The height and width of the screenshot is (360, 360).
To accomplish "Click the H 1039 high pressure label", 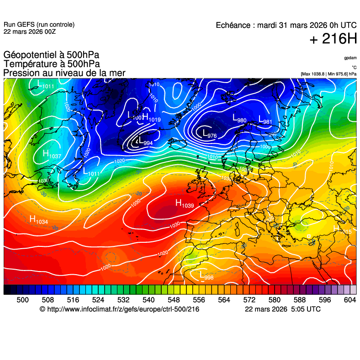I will click(x=185, y=203).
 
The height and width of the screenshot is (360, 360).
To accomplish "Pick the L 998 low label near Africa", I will click(x=206, y=275).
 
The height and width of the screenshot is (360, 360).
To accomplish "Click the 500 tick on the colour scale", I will click(x=22, y=299).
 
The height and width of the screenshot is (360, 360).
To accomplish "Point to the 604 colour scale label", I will click(x=350, y=299).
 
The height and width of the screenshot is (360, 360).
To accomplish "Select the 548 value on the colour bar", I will click(x=174, y=299).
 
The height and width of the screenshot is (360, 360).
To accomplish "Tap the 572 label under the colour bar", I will click(x=249, y=299).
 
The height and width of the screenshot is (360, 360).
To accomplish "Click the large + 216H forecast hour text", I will click(x=333, y=39).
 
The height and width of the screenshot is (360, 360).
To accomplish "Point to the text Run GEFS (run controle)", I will click(x=39, y=25).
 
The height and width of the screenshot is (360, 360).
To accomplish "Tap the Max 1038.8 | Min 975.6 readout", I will click(x=328, y=73).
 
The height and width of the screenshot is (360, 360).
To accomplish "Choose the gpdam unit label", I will click(x=350, y=58).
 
